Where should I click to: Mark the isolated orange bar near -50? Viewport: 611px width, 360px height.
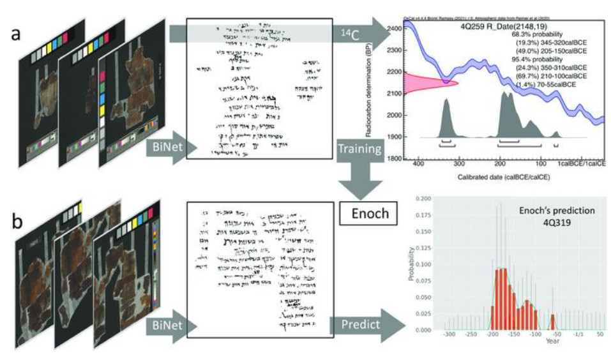(552, 321)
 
